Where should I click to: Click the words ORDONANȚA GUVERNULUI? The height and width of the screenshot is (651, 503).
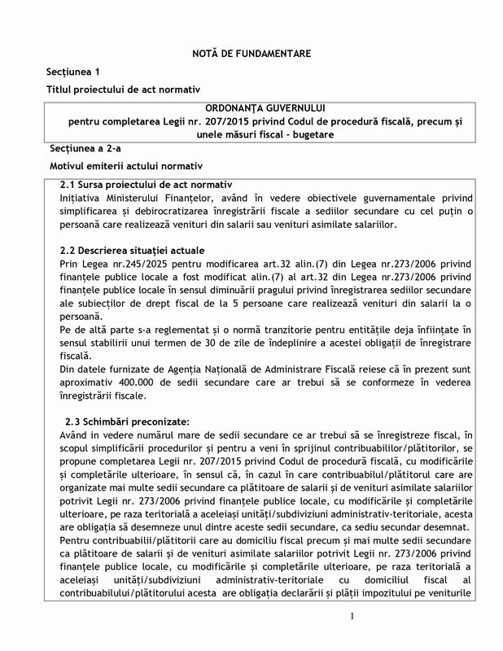[251, 108]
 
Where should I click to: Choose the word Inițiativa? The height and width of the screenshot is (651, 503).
[86, 198]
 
